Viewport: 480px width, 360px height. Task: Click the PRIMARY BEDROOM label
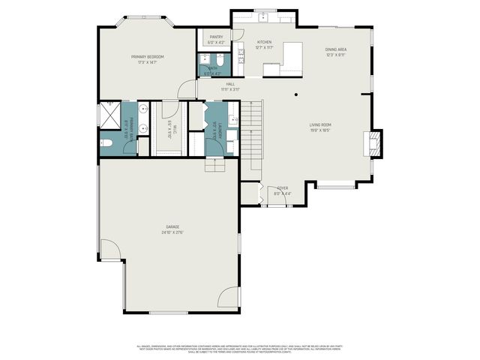(x=147, y=57)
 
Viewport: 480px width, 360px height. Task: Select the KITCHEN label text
(x=264, y=42)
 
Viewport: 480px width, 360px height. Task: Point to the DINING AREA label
(x=335, y=49)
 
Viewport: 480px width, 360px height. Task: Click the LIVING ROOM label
(x=320, y=124)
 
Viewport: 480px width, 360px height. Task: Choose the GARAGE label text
(x=172, y=226)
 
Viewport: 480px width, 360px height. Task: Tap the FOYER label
(x=283, y=188)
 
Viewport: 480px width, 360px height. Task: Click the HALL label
(x=230, y=84)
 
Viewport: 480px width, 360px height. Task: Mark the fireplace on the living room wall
(x=374, y=142)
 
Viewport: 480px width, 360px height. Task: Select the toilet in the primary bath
(x=106, y=142)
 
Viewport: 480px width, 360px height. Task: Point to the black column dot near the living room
(x=297, y=94)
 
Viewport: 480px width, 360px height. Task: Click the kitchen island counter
(x=283, y=60)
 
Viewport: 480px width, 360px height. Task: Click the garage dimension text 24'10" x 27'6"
(x=172, y=232)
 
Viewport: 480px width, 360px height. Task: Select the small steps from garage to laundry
(x=215, y=165)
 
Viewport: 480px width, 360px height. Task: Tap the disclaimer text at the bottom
(x=239, y=349)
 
